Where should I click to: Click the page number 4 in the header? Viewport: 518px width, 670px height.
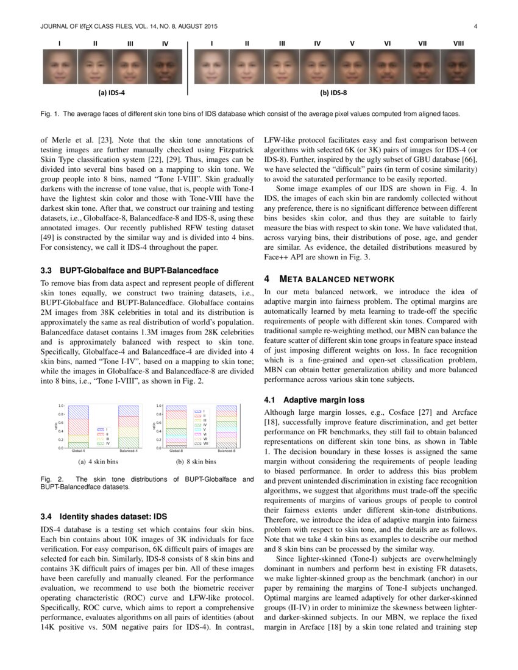pos(474,27)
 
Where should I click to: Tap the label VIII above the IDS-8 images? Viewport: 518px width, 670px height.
pos(458,43)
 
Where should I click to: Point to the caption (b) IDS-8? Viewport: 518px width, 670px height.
pos(334,93)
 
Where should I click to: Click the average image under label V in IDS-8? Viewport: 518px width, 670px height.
pos(352,66)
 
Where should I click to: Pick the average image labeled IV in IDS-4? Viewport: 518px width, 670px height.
pos(165,66)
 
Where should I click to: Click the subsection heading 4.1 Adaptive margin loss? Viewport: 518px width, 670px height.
pos(314,400)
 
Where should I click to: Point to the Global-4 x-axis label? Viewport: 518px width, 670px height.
pos(78,451)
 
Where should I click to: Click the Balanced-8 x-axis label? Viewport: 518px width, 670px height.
pos(227,451)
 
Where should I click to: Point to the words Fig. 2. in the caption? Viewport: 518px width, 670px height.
pos(49,479)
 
